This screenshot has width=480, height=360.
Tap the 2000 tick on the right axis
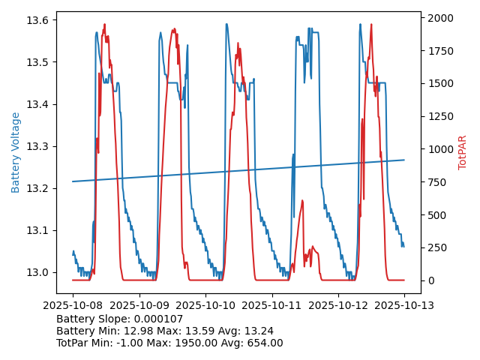click(x=439, y=17)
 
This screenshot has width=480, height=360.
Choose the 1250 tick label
click(x=439, y=116)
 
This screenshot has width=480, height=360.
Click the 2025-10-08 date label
click(x=73, y=305)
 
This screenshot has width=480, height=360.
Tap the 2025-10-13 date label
click(x=404, y=305)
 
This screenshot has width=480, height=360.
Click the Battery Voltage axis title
click(x=16, y=152)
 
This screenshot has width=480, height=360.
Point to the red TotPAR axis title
click(x=463, y=152)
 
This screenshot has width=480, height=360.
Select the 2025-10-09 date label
click(x=139, y=305)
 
